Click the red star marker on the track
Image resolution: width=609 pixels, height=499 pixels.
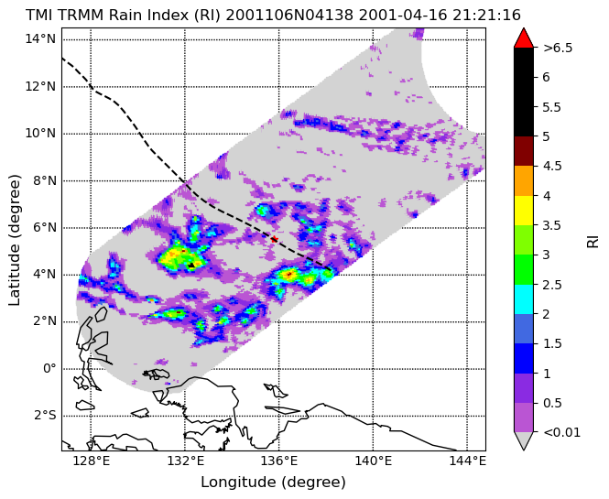coord(274,239)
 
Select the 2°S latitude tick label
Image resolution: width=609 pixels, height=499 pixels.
coord(44,416)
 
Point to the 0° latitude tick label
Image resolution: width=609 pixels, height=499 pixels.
coord(49,368)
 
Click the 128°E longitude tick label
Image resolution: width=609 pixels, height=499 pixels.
coord(92,461)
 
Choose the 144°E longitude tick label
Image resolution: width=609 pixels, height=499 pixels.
coord(468,461)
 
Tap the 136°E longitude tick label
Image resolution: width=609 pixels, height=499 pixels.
coord(279,461)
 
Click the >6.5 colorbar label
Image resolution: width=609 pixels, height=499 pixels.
coord(558,49)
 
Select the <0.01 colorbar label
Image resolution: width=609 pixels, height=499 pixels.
coord(561,432)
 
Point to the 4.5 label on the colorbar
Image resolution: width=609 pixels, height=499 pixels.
coord(552,167)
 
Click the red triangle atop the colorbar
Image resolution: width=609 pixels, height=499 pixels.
coord(524,38)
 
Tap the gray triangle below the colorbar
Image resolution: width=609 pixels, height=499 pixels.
coord(524,440)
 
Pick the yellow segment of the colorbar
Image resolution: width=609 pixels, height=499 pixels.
coord(524,211)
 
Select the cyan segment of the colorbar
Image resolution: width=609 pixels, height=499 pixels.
coord(524,299)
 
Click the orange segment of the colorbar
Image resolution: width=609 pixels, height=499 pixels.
coord(524,181)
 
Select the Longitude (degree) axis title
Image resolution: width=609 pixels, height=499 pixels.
coord(273,483)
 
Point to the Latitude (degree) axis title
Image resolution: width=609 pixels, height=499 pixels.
coord(14,240)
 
